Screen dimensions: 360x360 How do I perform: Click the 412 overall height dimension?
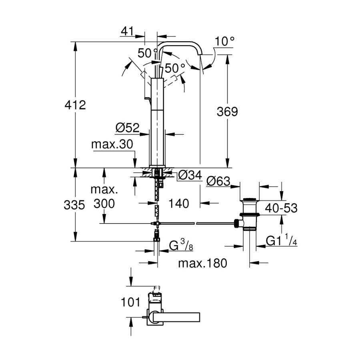click(75, 105)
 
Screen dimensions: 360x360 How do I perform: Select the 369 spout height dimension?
click(227, 112)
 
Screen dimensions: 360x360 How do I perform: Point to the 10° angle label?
click(224, 41)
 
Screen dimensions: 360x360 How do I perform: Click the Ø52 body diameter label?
click(128, 128)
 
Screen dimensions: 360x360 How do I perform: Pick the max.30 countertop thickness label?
click(112, 144)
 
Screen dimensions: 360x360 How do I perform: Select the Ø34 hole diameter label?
click(190, 175)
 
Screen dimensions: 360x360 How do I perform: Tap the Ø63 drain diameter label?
click(218, 181)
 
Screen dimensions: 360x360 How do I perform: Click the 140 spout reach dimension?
click(179, 204)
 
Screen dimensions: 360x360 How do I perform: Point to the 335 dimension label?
click(74, 205)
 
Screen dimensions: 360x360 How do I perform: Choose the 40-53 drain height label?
click(281, 208)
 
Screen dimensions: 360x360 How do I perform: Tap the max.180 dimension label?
click(202, 263)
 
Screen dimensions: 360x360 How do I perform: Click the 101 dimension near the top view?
click(130, 302)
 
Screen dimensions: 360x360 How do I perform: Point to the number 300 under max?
click(104, 204)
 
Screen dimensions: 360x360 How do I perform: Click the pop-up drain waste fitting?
click(249, 214)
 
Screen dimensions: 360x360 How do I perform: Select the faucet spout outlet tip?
click(200, 54)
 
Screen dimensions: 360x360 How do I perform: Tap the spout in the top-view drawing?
click(176, 317)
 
